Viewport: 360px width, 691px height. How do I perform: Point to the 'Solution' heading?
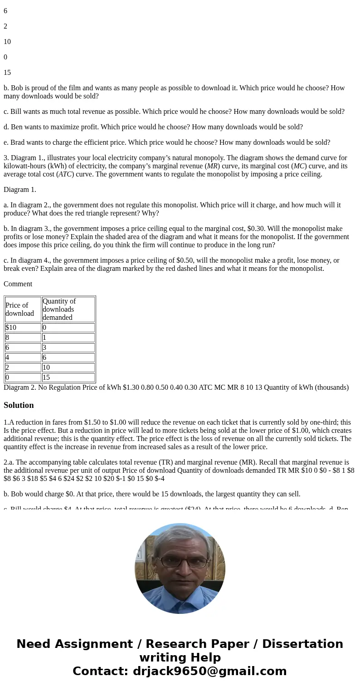(x=19, y=405)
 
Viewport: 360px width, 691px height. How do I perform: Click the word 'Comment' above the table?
(x=18, y=284)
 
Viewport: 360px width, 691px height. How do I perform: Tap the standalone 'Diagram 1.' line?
(x=20, y=190)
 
